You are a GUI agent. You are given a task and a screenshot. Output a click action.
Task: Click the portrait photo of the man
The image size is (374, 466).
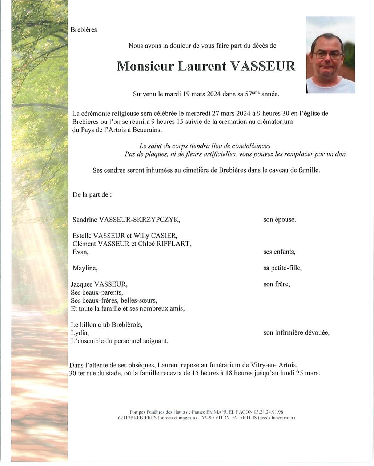click(x=330, y=55)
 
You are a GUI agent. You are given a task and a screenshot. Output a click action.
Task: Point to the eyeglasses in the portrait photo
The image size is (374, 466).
click(x=328, y=55)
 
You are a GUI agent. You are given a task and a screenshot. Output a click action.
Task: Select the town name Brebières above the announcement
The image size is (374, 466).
click(x=84, y=30)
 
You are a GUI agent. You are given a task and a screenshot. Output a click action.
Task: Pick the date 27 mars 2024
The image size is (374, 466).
click(x=230, y=113)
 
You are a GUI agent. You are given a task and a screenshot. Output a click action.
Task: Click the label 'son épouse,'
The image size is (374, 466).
click(x=280, y=220)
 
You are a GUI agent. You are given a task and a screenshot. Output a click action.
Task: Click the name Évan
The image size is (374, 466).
click(x=80, y=252)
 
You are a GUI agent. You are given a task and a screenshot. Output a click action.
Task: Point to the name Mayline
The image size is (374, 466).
click(x=85, y=268)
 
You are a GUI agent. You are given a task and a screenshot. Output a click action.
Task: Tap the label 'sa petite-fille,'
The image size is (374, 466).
click(x=282, y=268)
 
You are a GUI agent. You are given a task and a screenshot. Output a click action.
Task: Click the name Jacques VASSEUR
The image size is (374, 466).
click(x=100, y=284)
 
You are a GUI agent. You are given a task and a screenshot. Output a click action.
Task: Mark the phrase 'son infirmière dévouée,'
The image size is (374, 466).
click(x=296, y=333)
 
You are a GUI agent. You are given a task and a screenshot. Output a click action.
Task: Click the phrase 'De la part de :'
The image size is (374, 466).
click(x=92, y=195)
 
